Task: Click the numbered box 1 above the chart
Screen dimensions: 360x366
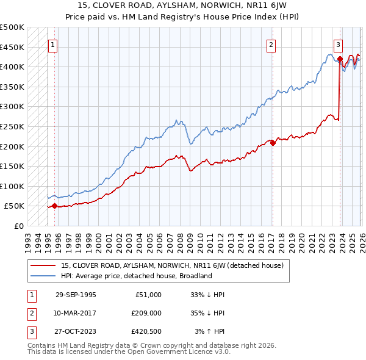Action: tap(53, 44)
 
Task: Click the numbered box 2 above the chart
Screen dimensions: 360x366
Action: tap(271, 44)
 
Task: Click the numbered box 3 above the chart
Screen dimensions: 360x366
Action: tap(338, 44)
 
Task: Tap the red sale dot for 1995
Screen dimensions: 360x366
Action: tap(54, 206)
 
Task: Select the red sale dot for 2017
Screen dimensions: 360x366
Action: tap(272, 143)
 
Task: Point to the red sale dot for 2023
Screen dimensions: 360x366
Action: tap(340, 59)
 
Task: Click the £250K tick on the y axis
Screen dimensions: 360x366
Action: tap(12, 126)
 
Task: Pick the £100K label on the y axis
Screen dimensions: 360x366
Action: tap(12, 186)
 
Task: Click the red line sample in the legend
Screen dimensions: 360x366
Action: tap(43, 265)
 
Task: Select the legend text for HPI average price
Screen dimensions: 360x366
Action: tap(135, 276)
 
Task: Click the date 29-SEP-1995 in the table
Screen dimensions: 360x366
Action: tap(76, 295)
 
